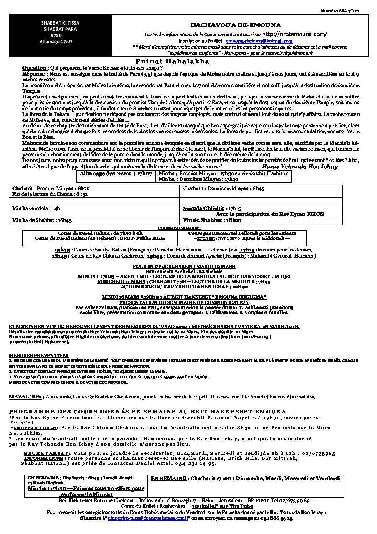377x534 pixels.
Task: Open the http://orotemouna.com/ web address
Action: tap(294, 34)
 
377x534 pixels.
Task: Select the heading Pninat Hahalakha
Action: tap(172, 61)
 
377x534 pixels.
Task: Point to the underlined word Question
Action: tap(34, 68)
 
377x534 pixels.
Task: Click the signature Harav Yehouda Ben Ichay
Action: tap(299, 167)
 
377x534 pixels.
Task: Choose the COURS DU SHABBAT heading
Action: tap(181, 228)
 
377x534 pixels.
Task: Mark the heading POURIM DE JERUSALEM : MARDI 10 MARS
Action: tap(184, 266)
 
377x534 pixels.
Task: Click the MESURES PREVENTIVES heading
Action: tap(39, 356)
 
